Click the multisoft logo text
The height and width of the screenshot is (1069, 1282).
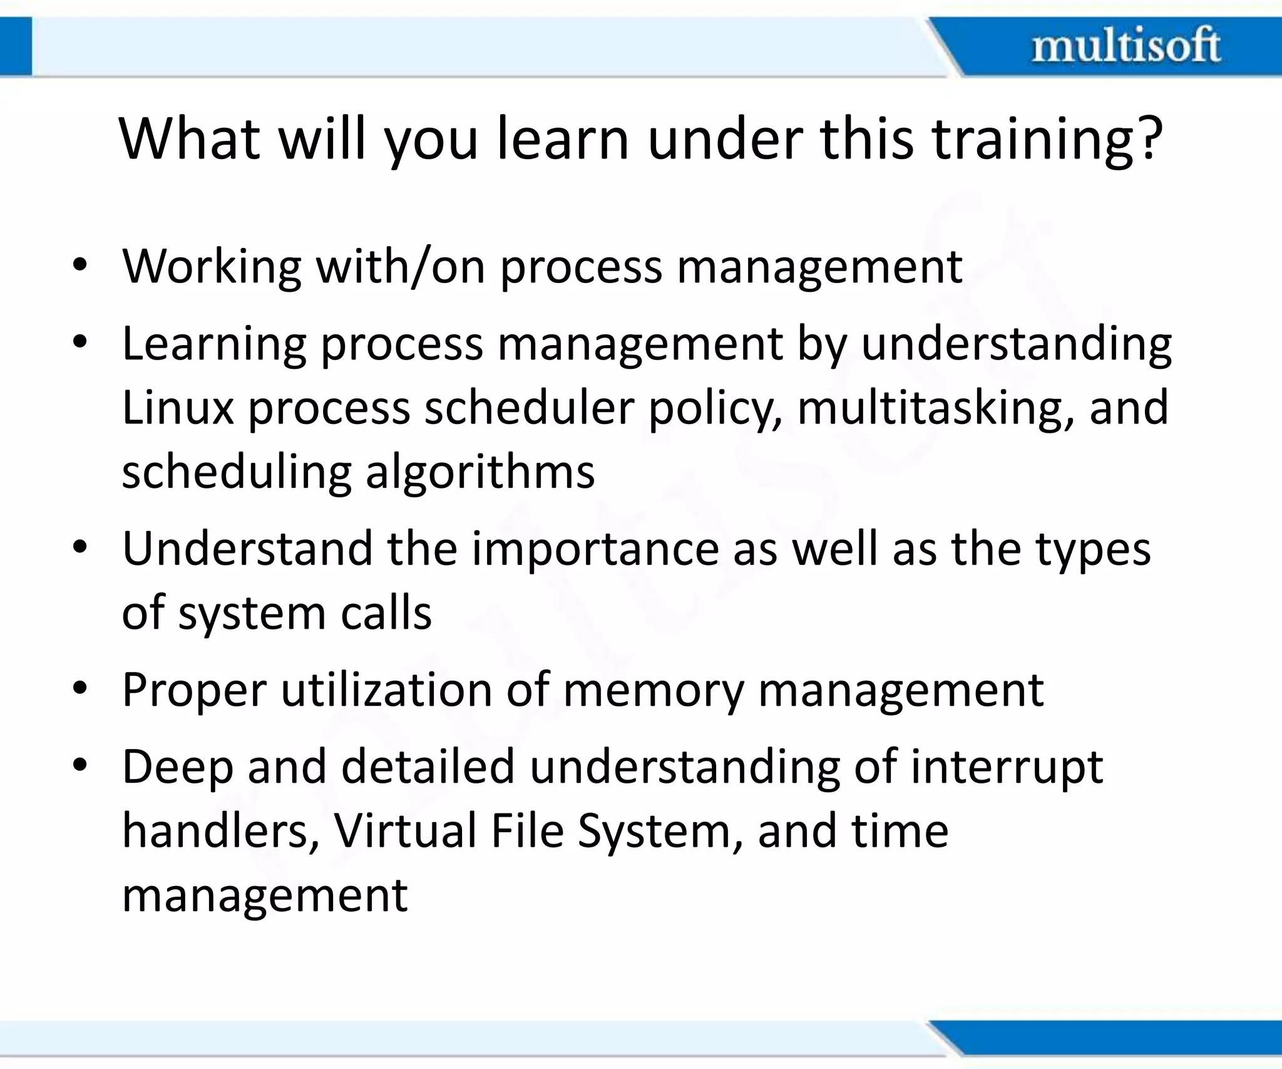(x=1126, y=46)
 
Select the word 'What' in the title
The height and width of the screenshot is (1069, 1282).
(x=189, y=139)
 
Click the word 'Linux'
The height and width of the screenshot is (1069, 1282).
(x=177, y=407)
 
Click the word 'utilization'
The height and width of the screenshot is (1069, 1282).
(x=386, y=690)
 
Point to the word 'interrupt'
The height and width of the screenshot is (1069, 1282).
(x=1006, y=768)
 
